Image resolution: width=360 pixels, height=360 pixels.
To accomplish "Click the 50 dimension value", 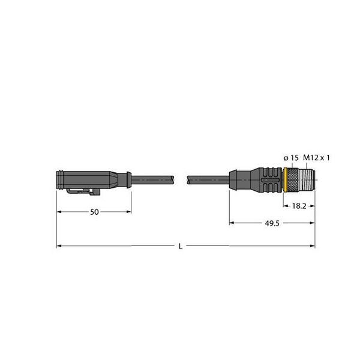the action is click(x=94, y=212).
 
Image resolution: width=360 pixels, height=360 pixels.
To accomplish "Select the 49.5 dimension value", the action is click(x=272, y=223).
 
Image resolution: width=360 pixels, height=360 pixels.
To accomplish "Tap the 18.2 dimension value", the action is click(x=299, y=206).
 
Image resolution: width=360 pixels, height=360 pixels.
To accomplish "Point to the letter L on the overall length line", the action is click(x=181, y=247).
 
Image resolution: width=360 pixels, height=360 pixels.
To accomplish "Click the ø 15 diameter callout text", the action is click(x=291, y=158).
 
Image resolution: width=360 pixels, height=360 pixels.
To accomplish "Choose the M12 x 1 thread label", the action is click(x=316, y=158).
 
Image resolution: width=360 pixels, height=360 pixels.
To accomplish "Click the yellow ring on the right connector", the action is click(x=285, y=180).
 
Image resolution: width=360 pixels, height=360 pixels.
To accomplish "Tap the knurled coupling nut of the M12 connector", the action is click(x=293, y=180).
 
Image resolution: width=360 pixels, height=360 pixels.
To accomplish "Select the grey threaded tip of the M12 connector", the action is click(x=307, y=180).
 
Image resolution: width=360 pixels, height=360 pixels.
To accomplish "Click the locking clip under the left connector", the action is click(x=83, y=191).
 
